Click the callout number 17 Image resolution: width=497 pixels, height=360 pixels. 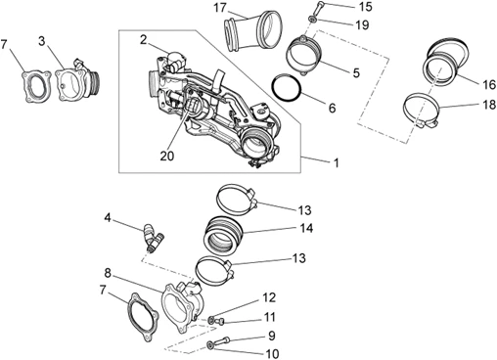point(220,8)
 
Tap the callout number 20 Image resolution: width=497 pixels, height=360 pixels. point(167,157)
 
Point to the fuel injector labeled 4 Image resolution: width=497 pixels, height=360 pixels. point(153,238)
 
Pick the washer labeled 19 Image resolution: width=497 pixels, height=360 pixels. point(312,20)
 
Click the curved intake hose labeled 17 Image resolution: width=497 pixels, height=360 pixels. point(251,31)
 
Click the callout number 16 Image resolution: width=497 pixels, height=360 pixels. point(489,84)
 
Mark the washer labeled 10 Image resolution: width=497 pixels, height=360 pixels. point(209,344)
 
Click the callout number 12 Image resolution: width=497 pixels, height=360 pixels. point(269,297)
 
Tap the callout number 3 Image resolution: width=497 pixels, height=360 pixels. point(42,42)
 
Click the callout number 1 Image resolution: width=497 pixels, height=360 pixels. point(336,162)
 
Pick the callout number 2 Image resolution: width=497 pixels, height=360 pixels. point(144,40)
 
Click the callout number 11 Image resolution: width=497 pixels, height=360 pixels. point(270,317)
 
